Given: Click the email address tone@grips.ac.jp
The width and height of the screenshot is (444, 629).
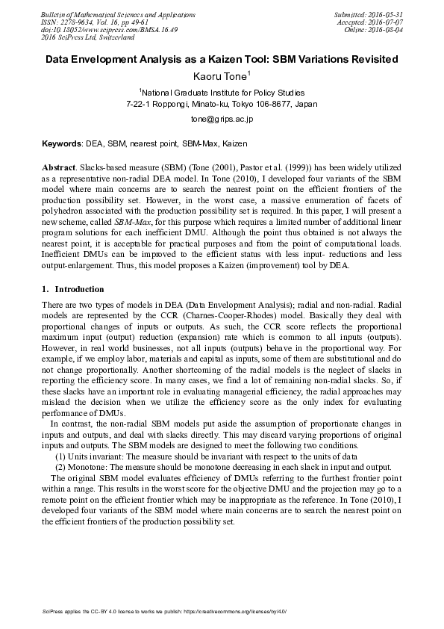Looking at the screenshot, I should (222, 119).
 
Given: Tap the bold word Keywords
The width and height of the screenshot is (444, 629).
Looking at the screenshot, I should (62, 142).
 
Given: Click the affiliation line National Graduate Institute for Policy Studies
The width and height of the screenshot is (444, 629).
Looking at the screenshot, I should (222, 93).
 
